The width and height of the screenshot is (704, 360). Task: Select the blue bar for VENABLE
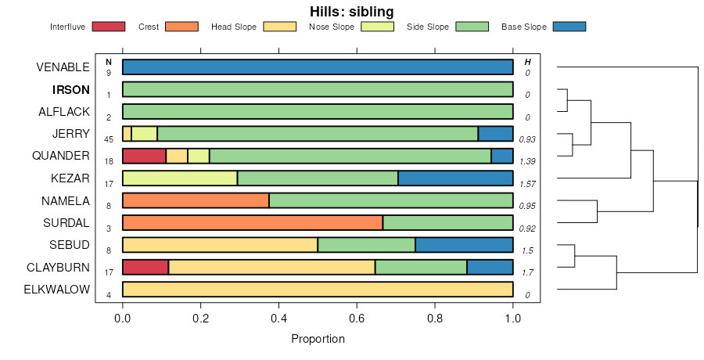318,67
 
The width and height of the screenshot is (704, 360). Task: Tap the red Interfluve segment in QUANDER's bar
144,156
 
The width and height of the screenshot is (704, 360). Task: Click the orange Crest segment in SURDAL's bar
253,222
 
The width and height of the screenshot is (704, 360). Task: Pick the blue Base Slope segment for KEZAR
455,178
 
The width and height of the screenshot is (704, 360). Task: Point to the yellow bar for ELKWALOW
318,290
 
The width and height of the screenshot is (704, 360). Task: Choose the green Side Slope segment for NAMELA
391,200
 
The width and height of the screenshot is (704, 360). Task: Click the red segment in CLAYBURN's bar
145,267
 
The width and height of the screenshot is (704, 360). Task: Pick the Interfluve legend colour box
109,27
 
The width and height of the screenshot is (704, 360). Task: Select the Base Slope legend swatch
569,27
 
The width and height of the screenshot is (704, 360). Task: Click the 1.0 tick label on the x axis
513,319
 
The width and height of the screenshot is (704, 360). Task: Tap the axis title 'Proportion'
318,339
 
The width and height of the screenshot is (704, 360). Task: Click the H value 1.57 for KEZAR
528,184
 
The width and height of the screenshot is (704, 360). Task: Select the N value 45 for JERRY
109,139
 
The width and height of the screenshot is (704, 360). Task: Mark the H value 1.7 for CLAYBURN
528,273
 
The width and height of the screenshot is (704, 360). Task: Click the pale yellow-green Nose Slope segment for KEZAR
180,178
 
